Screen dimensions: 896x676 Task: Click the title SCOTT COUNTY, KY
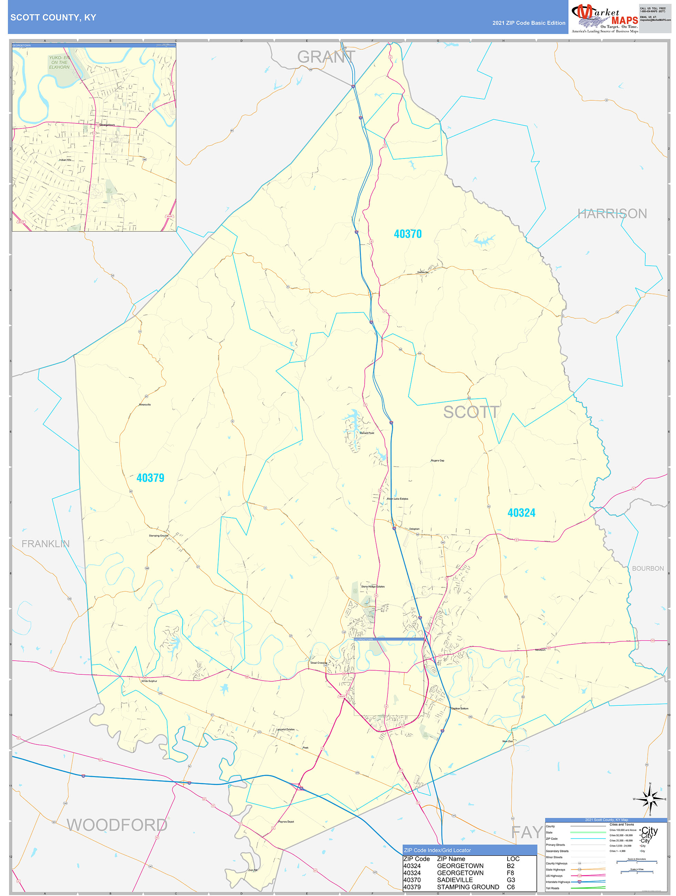(x=53, y=18)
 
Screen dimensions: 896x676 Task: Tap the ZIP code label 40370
(x=408, y=234)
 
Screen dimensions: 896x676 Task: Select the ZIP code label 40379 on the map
(x=150, y=478)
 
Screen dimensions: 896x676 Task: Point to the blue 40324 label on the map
(x=521, y=513)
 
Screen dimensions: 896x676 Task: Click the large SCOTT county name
(x=471, y=413)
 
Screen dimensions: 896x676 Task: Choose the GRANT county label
(x=326, y=57)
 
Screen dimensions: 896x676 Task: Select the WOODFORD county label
(x=117, y=825)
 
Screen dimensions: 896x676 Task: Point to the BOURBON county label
(x=648, y=568)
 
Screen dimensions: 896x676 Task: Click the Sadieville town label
(x=423, y=272)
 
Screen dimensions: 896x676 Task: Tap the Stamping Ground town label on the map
(x=158, y=536)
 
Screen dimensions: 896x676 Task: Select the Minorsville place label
(x=145, y=405)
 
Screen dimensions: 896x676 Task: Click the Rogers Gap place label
(x=438, y=460)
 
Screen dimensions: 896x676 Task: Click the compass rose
(x=650, y=799)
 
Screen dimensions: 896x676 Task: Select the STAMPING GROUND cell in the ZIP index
(x=468, y=887)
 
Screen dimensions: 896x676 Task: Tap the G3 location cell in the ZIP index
(x=510, y=880)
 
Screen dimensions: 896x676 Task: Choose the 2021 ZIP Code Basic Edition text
(x=529, y=23)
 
